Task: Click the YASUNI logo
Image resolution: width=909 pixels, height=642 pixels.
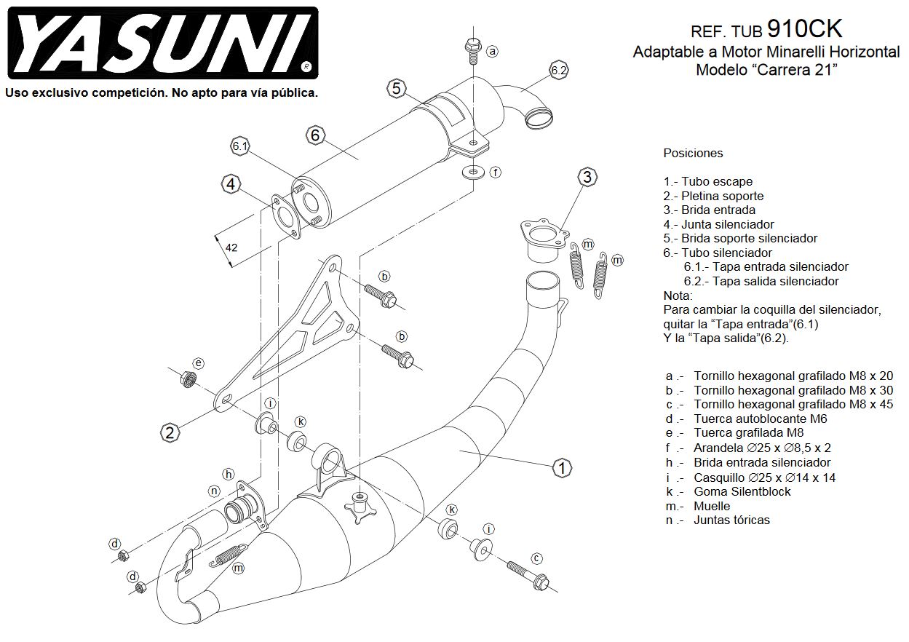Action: pos(161,44)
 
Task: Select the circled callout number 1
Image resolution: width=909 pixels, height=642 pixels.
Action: pos(561,468)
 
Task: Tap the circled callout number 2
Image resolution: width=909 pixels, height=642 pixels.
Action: pos(169,433)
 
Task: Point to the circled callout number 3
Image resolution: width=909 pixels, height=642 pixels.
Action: pos(587,176)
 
